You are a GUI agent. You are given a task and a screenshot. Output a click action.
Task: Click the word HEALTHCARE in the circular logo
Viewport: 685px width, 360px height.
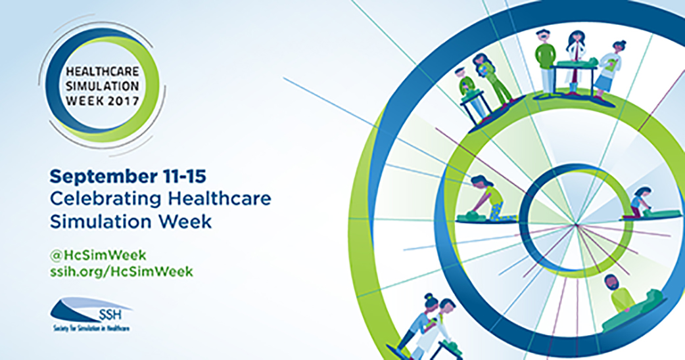(x=103, y=71)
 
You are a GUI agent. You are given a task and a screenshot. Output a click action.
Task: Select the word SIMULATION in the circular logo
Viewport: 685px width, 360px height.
(x=103, y=86)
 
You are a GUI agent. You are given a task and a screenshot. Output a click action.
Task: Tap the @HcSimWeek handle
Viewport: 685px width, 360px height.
(x=99, y=255)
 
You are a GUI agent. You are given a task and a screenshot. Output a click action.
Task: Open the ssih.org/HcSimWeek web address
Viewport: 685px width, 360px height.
(x=122, y=271)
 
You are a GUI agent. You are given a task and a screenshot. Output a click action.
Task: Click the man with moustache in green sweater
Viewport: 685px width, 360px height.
(x=545, y=60)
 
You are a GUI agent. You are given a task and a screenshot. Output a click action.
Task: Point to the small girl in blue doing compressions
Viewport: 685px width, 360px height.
(x=638, y=202)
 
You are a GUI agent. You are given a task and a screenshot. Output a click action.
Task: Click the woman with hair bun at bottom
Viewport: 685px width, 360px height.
(x=417, y=321)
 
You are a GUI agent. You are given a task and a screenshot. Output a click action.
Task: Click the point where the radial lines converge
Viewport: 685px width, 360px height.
(x=577, y=224)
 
